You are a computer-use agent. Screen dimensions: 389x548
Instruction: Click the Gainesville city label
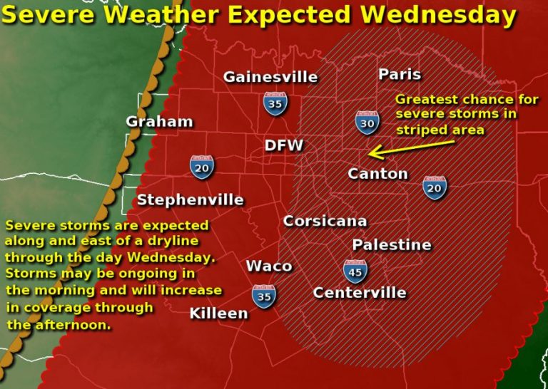coord(270,77)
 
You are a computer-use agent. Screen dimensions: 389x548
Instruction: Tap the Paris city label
coord(400,74)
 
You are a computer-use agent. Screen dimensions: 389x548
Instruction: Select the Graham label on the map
coord(159,121)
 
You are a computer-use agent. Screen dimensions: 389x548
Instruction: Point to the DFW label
coord(284,145)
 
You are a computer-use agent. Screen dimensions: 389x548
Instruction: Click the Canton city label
coord(377,173)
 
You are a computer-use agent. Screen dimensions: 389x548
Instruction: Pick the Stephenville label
coord(190,199)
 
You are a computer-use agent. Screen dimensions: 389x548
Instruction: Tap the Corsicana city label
coord(325,221)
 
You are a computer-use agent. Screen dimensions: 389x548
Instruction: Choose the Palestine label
coord(392,244)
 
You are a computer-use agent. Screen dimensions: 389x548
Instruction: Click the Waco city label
coord(269,266)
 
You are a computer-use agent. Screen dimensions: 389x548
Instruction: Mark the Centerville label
coord(360,292)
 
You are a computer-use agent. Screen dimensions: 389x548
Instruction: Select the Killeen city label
coord(218,313)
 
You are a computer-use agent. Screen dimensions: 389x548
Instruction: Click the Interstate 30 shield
coord(367,122)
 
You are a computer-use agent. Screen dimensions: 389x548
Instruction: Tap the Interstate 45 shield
coord(355,271)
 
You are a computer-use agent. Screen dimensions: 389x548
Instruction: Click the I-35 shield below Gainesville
coord(275,103)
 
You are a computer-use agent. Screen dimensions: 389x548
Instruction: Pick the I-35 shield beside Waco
coord(264,296)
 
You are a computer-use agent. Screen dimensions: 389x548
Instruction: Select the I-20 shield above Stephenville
coord(202,167)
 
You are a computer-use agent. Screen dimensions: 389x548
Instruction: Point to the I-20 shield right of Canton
coord(434,186)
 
